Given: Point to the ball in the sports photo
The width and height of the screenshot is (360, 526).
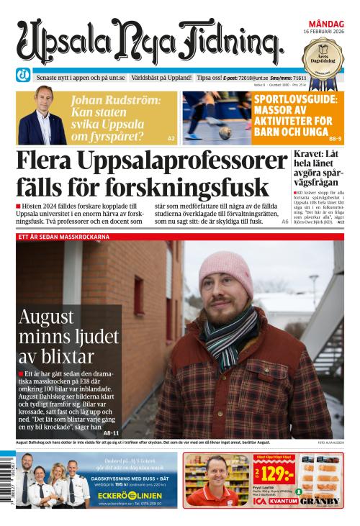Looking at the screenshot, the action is coord(225,132).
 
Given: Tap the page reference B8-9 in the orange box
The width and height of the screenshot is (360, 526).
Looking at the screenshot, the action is coord(335,137).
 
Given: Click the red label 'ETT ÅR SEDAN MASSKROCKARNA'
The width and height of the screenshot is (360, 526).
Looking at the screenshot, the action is coord(64,236).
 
